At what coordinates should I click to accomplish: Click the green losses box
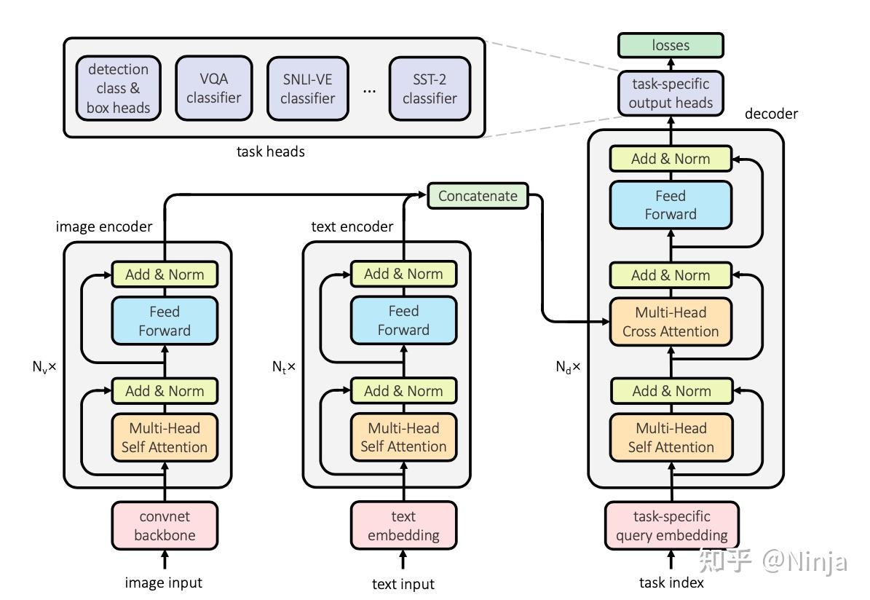[x=671, y=45]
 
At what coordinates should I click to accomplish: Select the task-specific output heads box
[x=671, y=93]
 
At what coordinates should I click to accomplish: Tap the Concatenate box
[x=478, y=195]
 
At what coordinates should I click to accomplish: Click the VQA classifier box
[x=213, y=88]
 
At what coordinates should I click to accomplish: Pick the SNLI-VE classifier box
[x=307, y=88]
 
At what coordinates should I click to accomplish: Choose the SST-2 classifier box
[x=430, y=88]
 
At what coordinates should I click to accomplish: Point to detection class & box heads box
[x=118, y=88]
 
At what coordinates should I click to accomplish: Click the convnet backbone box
[x=165, y=526]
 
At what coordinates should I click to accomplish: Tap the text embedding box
[x=403, y=526]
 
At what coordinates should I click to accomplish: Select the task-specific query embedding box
[x=671, y=526]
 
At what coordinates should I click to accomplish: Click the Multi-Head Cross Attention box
[x=671, y=322]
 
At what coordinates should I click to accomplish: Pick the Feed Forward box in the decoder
[x=671, y=205]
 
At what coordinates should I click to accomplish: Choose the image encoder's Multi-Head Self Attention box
[x=165, y=438]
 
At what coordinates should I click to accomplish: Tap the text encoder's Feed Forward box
[x=403, y=320]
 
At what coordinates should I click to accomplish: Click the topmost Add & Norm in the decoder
[x=671, y=159]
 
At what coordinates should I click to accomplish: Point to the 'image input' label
[x=164, y=583]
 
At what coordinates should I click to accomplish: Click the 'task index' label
[x=671, y=583]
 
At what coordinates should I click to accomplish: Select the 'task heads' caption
[x=271, y=152]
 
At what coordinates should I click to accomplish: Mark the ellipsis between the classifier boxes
[x=369, y=91]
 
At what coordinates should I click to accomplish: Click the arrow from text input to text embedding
[x=403, y=560]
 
